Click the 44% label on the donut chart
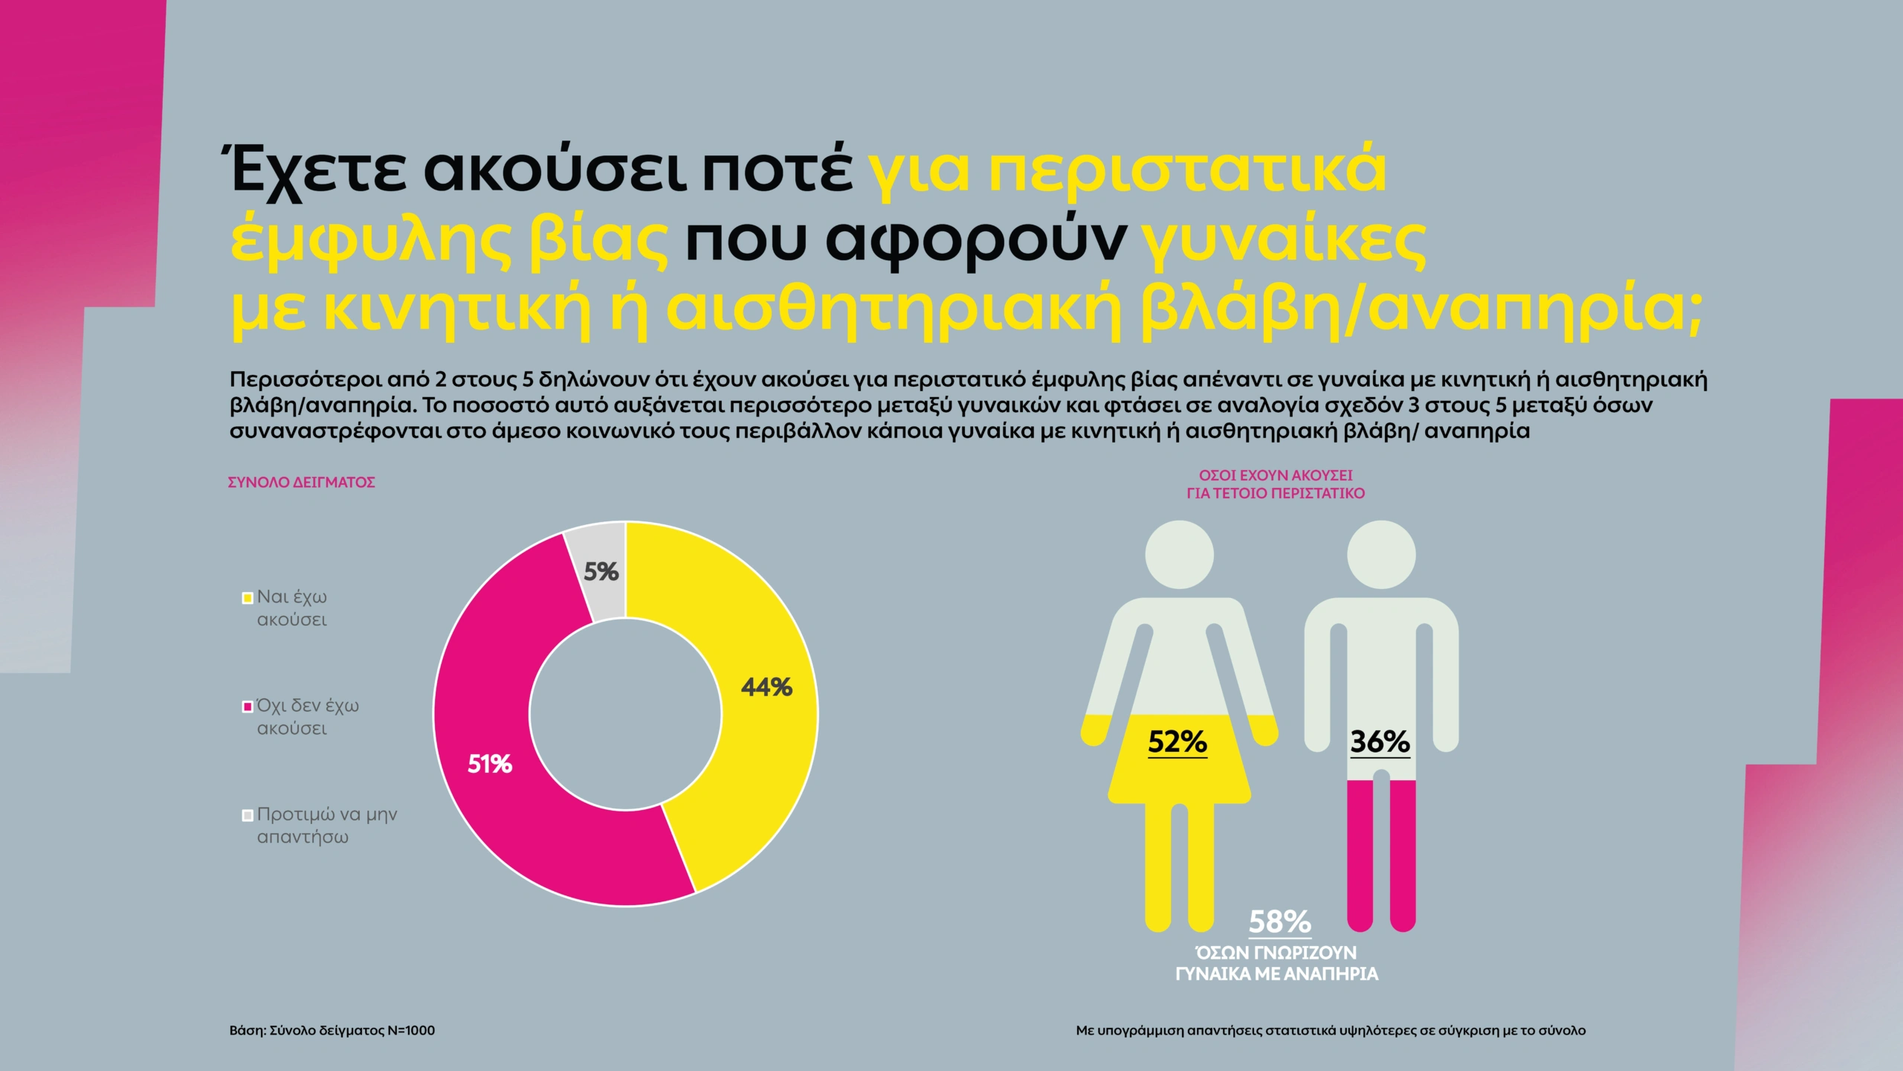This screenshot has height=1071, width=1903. [x=766, y=687]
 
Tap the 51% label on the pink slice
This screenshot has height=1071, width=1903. [x=489, y=765]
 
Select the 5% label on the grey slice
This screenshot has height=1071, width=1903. [x=601, y=571]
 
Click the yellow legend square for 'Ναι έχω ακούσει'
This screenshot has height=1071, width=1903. [x=248, y=598]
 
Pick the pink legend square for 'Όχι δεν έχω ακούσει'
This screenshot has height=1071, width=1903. [x=248, y=707]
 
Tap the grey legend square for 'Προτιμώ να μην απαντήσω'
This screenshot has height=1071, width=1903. [x=248, y=815]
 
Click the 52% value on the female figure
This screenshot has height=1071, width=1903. [x=1177, y=742]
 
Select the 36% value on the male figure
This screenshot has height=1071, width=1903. [x=1380, y=742]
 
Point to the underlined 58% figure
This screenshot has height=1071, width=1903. [x=1279, y=922]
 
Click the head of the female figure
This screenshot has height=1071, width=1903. [x=1179, y=555]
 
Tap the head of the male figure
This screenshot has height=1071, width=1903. [x=1381, y=555]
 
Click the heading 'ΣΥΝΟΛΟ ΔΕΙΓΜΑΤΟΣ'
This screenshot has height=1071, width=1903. [x=301, y=483]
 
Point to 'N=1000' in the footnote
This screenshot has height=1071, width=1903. [x=411, y=1031]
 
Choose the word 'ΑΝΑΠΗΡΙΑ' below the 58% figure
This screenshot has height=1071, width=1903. [x=1331, y=974]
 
